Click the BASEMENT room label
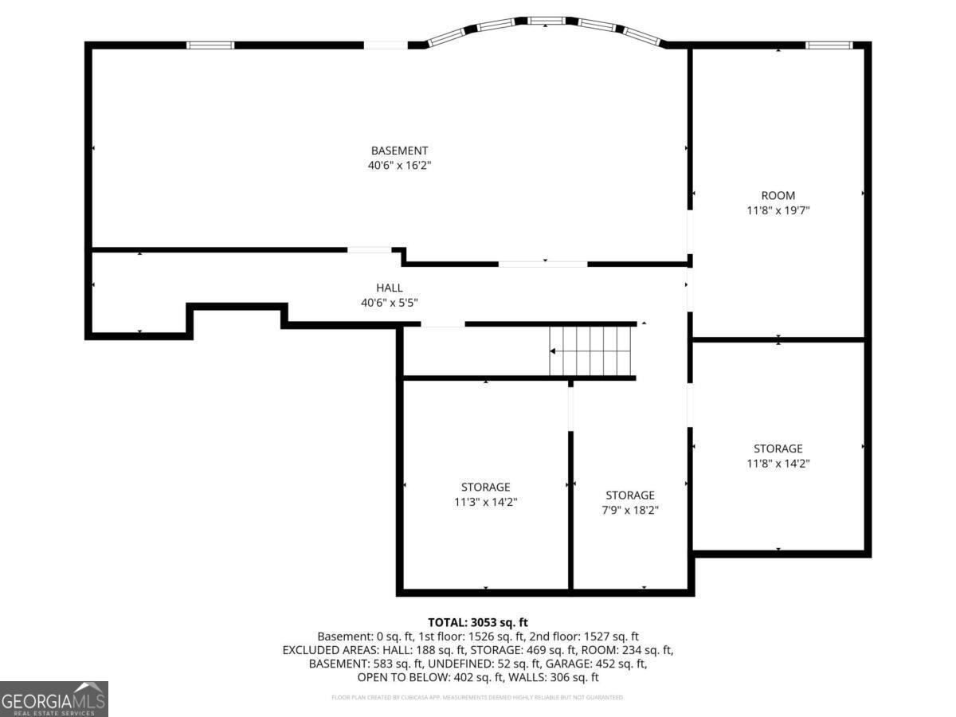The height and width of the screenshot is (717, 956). click(399, 151)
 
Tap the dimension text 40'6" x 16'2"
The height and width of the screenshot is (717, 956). click(399, 166)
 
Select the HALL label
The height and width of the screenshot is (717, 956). click(390, 288)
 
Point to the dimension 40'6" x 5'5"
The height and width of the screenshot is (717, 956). click(390, 303)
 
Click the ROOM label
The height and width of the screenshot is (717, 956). click(778, 196)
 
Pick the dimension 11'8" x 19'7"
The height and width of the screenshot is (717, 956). click(778, 211)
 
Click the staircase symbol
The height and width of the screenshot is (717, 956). click(592, 351)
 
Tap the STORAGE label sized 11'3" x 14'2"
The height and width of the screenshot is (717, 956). click(485, 488)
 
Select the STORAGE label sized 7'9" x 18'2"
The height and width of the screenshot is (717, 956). click(629, 496)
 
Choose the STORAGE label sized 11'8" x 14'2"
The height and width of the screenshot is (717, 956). click(778, 449)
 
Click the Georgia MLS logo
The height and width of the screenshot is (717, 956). click(54, 699)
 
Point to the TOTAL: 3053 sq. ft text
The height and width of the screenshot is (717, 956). click(478, 622)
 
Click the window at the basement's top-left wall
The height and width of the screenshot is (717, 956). click(210, 45)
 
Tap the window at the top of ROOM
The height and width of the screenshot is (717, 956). click(829, 45)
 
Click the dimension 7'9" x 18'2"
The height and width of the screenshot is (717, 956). click(629, 511)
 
